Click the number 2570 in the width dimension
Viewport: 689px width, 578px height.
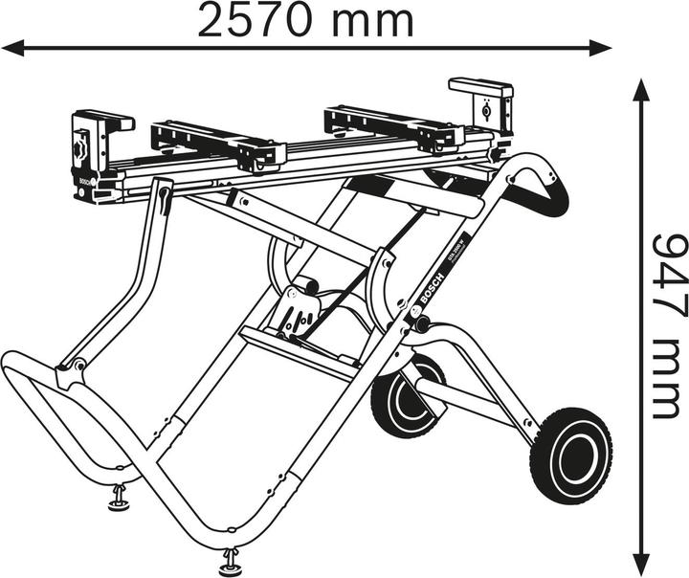(255, 20)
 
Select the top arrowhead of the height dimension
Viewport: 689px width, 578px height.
(643, 91)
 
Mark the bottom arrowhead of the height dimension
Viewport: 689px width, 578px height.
(643, 563)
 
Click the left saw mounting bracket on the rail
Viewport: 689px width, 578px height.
(218, 144)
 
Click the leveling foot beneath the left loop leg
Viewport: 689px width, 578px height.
(121, 499)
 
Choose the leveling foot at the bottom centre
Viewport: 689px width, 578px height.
(231, 559)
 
